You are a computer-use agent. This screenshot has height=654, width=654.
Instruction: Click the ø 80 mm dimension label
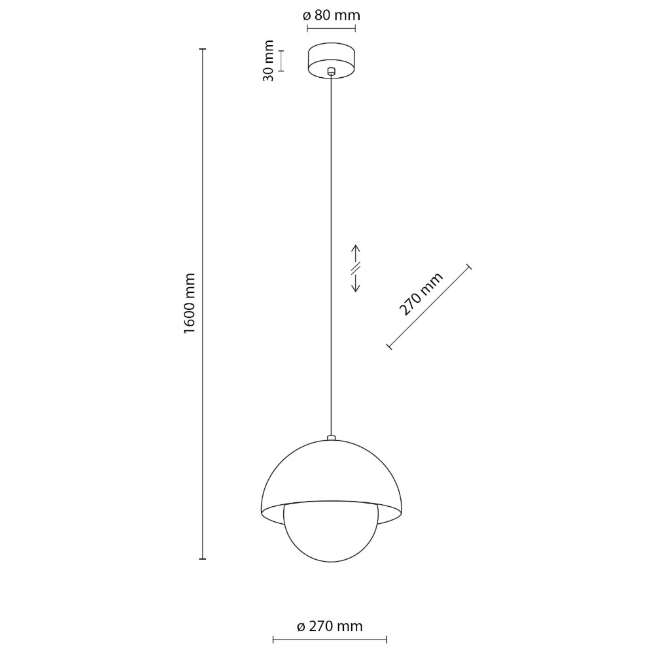tap(331, 16)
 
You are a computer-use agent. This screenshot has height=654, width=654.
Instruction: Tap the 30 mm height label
tap(269, 61)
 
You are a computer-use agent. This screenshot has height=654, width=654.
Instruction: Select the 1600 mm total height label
tap(190, 303)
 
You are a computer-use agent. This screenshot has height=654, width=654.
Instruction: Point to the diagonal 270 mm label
tap(421, 294)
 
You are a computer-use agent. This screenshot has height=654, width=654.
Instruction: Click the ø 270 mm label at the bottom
tap(330, 626)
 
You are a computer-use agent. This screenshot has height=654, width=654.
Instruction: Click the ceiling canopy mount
tap(331, 60)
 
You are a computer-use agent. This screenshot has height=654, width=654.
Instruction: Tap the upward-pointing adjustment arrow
tap(355, 254)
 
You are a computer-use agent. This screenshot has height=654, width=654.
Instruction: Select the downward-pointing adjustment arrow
tap(355, 283)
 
